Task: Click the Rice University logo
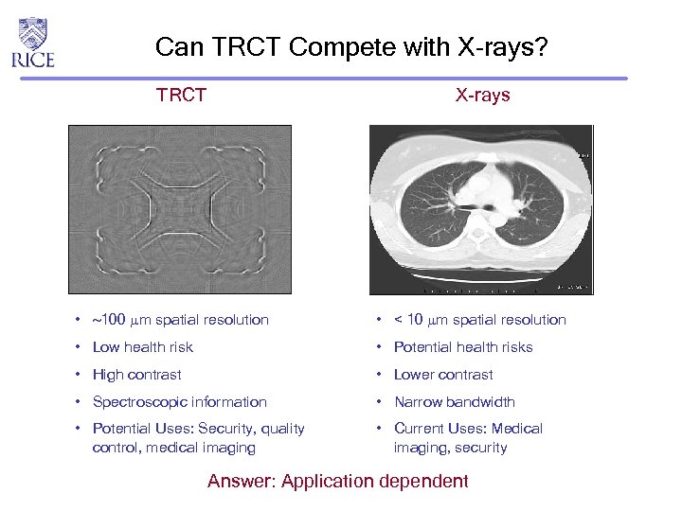(33, 43)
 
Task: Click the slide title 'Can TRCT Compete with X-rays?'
(351, 46)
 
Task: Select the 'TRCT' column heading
(181, 95)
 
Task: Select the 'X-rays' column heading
(482, 95)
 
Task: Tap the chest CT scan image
(481, 209)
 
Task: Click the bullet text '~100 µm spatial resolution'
(180, 320)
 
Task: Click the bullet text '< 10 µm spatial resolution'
(479, 320)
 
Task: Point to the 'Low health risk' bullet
(142, 347)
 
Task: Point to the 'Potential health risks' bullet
(463, 347)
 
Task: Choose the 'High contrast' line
(136, 375)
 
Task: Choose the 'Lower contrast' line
(443, 375)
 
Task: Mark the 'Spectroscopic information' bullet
(179, 402)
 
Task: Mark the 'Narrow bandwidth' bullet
(454, 402)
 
